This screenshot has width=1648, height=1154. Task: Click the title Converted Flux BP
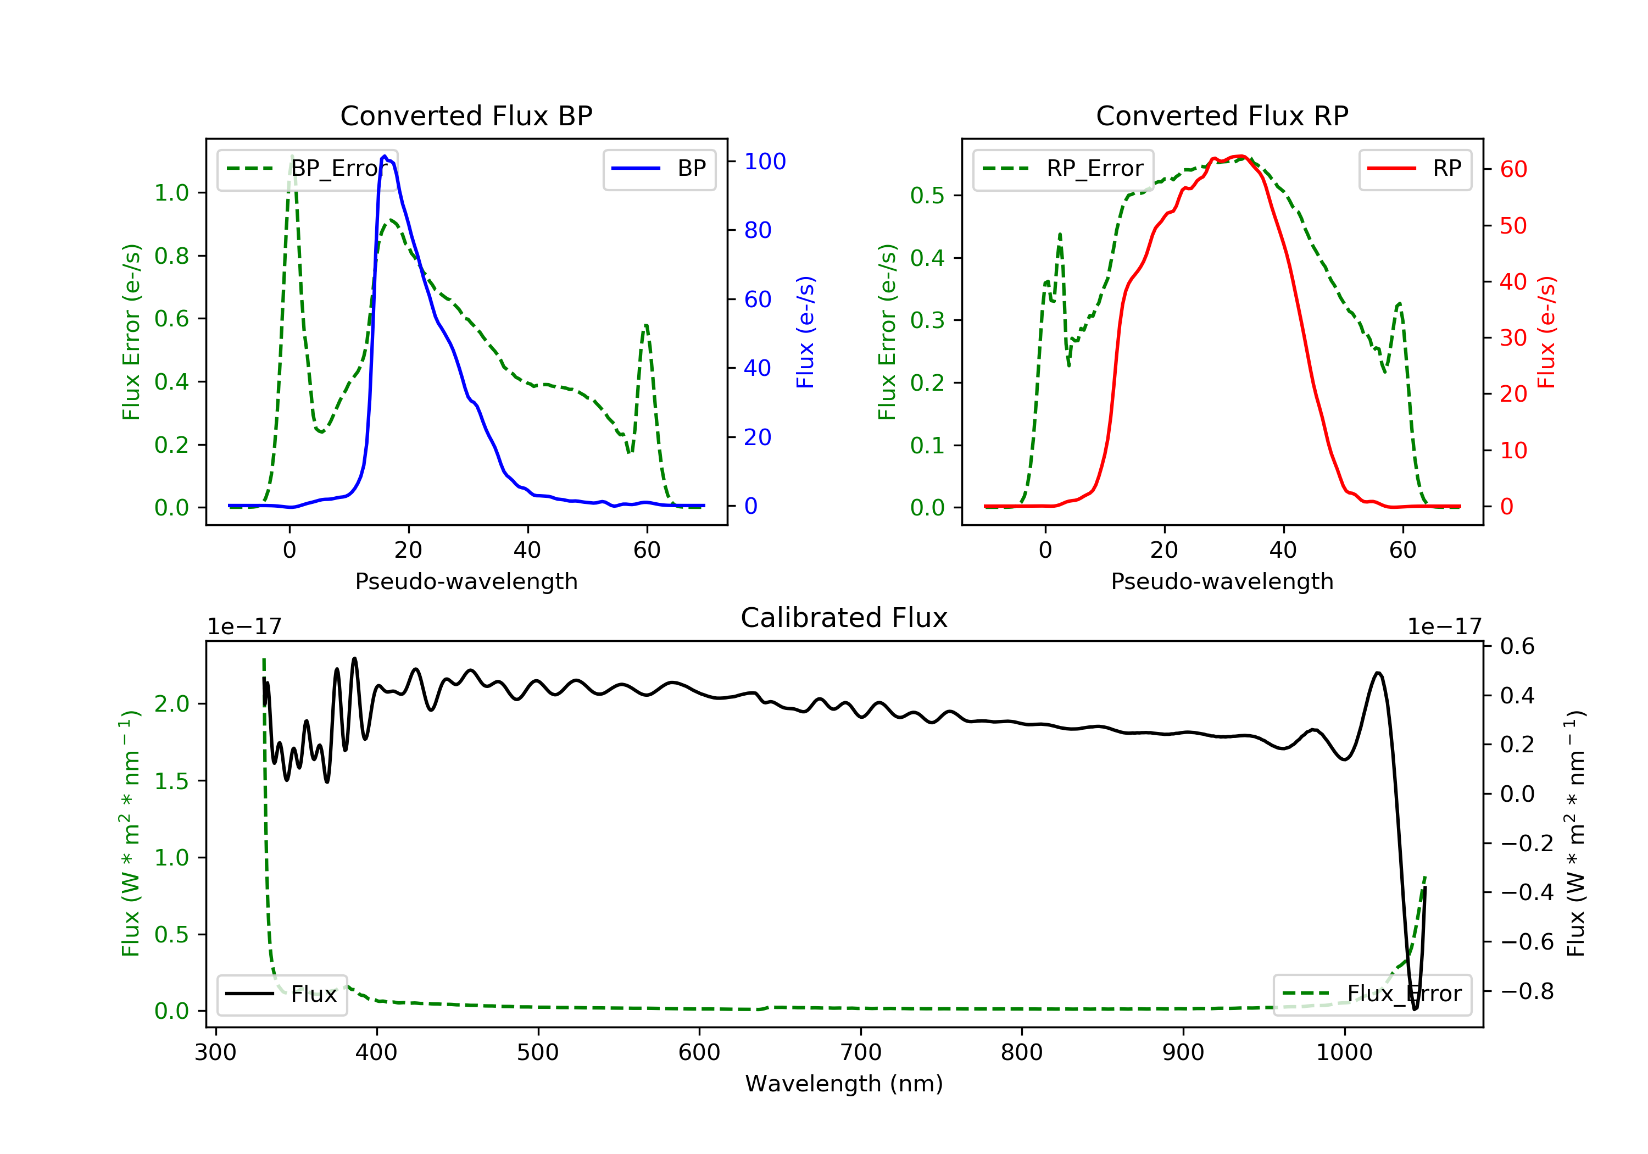[x=466, y=115]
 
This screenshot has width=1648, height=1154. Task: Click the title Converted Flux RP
[x=1222, y=115]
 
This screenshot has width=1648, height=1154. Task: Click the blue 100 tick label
[x=765, y=162]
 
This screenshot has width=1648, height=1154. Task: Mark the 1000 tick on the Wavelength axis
[x=1344, y=1053]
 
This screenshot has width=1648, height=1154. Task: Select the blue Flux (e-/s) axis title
[x=805, y=332]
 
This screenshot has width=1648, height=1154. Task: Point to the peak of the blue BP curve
[x=385, y=156]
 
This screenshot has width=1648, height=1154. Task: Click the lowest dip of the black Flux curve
[x=1415, y=1009]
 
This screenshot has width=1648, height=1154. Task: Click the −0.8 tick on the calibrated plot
[x=1527, y=992]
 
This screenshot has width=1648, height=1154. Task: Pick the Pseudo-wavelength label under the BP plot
[x=466, y=581]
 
